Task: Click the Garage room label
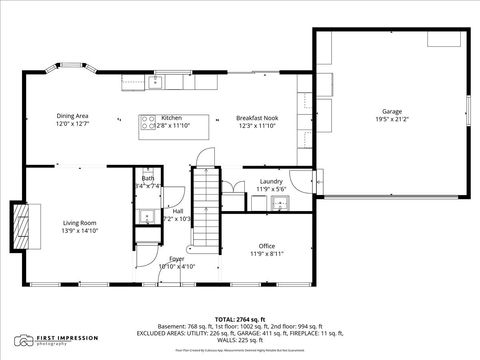click(390, 111)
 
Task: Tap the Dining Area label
click(72, 116)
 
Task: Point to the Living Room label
click(79, 222)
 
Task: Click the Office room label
click(266, 246)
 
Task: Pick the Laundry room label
click(271, 180)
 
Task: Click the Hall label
click(177, 211)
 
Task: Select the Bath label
click(148, 178)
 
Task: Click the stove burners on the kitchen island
click(149, 125)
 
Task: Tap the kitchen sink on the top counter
click(161, 79)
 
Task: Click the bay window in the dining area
click(81, 72)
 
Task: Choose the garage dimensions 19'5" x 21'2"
click(390, 119)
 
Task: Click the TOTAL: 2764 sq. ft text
click(240, 317)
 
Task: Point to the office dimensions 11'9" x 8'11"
click(266, 254)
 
